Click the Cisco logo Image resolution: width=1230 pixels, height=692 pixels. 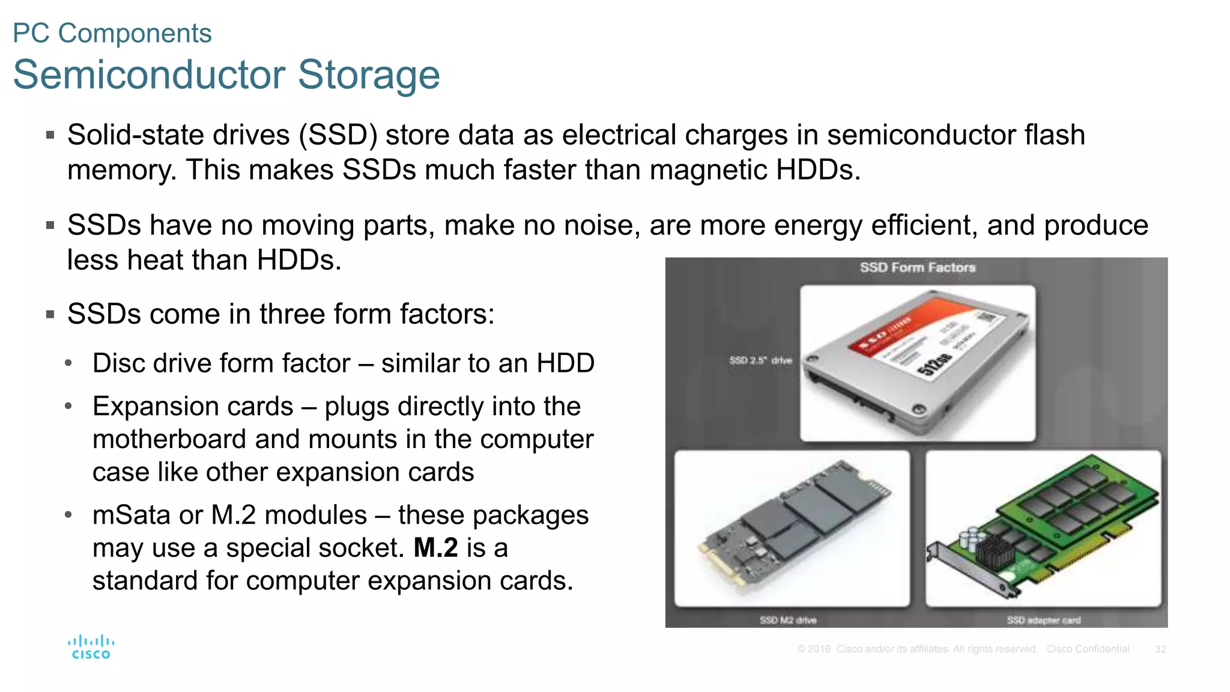pyautogui.click(x=91, y=647)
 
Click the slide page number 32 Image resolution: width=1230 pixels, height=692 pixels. pyautogui.click(x=1160, y=649)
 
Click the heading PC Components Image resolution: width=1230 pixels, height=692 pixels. pyautogui.click(x=112, y=33)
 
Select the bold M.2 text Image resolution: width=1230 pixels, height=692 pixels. pyautogui.click(x=435, y=548)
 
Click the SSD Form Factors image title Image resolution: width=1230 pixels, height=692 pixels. pyautogui.click(x=917, y=267)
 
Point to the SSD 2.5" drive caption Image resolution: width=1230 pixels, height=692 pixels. pyautogui.click(x=760, y=360)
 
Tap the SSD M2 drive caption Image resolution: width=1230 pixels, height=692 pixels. pyautogui.click(x=787, y=620)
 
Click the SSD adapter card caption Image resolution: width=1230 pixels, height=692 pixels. pyautogui.click(x=1043, y=620)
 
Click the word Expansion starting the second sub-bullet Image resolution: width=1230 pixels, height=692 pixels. pyautogui.click(x=193, y=407)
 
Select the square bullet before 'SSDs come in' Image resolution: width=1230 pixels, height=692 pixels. pyautogui.click(x=50, y=314)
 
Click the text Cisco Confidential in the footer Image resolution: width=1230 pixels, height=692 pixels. pyautogui.click(x=1088, y=649)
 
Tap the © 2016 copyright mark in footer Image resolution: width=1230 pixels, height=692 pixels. pyautogui.click(x=813, y=649)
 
